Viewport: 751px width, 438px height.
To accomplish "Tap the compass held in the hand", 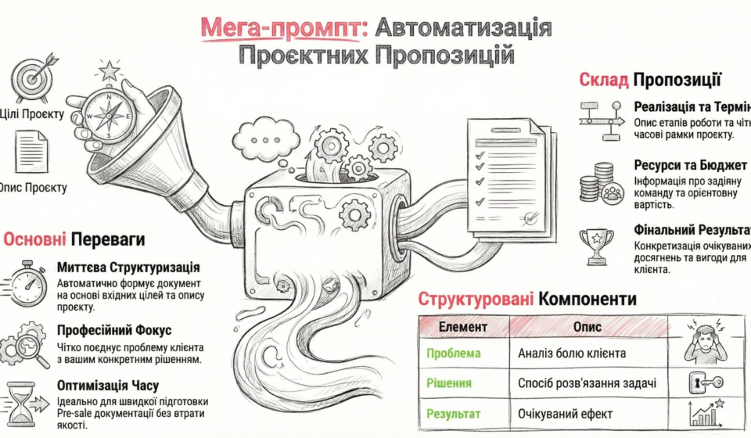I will click(109, 114).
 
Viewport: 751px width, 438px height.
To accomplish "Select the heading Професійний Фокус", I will click(113, 331).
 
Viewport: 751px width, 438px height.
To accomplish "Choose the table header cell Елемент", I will click(464, 326).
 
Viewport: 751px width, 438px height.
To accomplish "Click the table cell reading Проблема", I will click(454, 354).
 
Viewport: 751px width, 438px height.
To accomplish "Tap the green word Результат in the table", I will click(454, 414).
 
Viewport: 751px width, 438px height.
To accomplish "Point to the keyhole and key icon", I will click(709, 382).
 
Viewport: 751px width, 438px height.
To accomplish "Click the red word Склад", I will click(603, 80).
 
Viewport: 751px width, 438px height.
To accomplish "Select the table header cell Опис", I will click(588, 326).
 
